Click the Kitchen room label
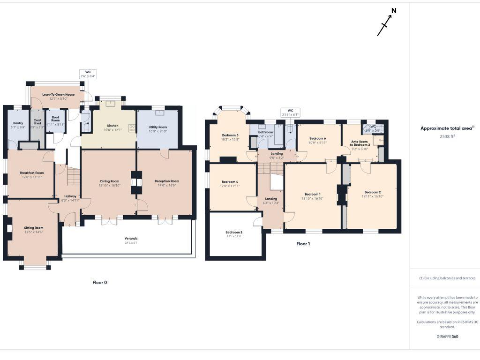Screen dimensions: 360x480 click(112, 126)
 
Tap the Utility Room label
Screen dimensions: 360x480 click(158, 127)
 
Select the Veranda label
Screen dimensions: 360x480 click(131, 239)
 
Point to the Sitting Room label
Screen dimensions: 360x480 click(33, 227)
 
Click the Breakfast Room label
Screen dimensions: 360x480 click(32, 172)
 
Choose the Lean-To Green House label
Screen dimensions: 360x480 click(58, 94)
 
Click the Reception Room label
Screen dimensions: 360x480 click(167, 181)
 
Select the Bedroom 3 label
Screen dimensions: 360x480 click(234, 232)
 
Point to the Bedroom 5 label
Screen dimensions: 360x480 click(230, 135)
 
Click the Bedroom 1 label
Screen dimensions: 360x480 click(312, 194)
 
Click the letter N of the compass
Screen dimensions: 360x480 click(394, 11)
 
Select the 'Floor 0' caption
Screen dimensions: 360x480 click(99, 283)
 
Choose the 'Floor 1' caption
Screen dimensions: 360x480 click(303, 244)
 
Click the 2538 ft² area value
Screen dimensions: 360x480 click(447, 136)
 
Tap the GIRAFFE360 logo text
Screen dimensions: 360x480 click(447, 337)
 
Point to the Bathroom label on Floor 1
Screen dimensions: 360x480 click(265, 133)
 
